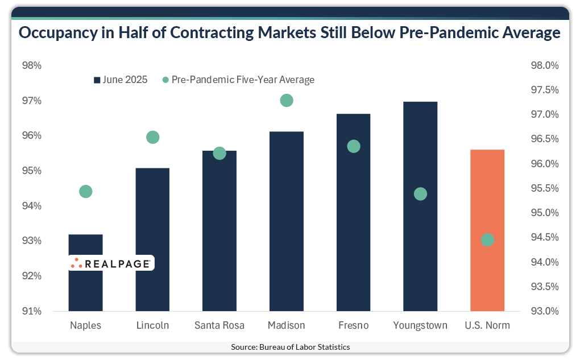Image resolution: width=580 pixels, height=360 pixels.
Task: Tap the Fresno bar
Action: pos(353,227)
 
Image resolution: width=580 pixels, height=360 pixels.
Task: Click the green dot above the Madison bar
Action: pos(287,101)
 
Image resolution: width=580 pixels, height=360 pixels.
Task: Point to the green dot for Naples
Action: pos(86,192)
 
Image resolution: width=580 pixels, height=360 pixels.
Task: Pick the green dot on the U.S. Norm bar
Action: pos(487,240)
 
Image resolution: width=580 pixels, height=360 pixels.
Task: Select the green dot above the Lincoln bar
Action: pos(152,137)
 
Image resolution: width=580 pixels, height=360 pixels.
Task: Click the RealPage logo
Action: pos(111,263)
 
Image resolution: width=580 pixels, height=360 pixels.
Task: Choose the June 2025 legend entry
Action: pos(121,80)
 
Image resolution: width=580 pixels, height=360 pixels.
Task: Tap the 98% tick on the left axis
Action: pos(32,66)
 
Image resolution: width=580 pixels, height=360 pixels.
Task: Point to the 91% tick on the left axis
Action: pos(32,311)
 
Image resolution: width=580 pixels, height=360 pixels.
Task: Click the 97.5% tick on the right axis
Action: pos(544,90)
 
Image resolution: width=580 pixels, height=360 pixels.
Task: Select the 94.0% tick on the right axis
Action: pos(544,262)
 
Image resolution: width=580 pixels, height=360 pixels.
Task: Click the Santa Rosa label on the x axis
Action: pos(219,326)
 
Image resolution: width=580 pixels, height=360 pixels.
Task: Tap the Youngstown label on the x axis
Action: pos(420,326)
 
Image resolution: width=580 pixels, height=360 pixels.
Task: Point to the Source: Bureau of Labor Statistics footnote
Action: pos(290,347)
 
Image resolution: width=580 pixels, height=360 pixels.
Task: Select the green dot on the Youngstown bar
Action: pos(420,195)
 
